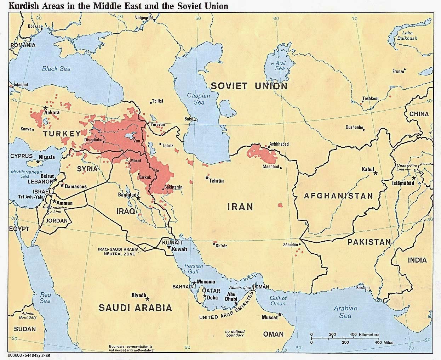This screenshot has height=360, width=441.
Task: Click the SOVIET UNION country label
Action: click(x=249, y=86)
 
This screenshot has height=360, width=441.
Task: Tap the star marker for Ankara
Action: click(x=45, y=108)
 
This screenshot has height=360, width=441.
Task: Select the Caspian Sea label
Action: click(x=199, y=99)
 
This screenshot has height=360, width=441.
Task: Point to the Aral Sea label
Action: click(x=280, y=66)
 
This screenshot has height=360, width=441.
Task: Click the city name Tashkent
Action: click(x=370, y=99)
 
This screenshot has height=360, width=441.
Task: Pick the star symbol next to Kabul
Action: click(x=376, y=173)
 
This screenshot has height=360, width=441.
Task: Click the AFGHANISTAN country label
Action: click(x=338, y=196)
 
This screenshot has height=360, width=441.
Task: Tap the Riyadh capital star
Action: click(x=148, y=299)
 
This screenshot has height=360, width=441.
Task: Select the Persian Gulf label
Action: click(x=196, y=269)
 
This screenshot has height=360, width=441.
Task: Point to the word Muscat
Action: click(x=269, y=317)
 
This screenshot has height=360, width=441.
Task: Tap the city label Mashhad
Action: click(x=271, y=167)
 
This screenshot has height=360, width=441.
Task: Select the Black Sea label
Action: click(x=56, y=69)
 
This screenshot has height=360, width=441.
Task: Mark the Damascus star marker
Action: click(x=62, y=185)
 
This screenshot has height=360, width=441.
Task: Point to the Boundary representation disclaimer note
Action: click(x=131, y=348)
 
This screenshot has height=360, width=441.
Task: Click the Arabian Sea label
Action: click(x=345, y=312)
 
